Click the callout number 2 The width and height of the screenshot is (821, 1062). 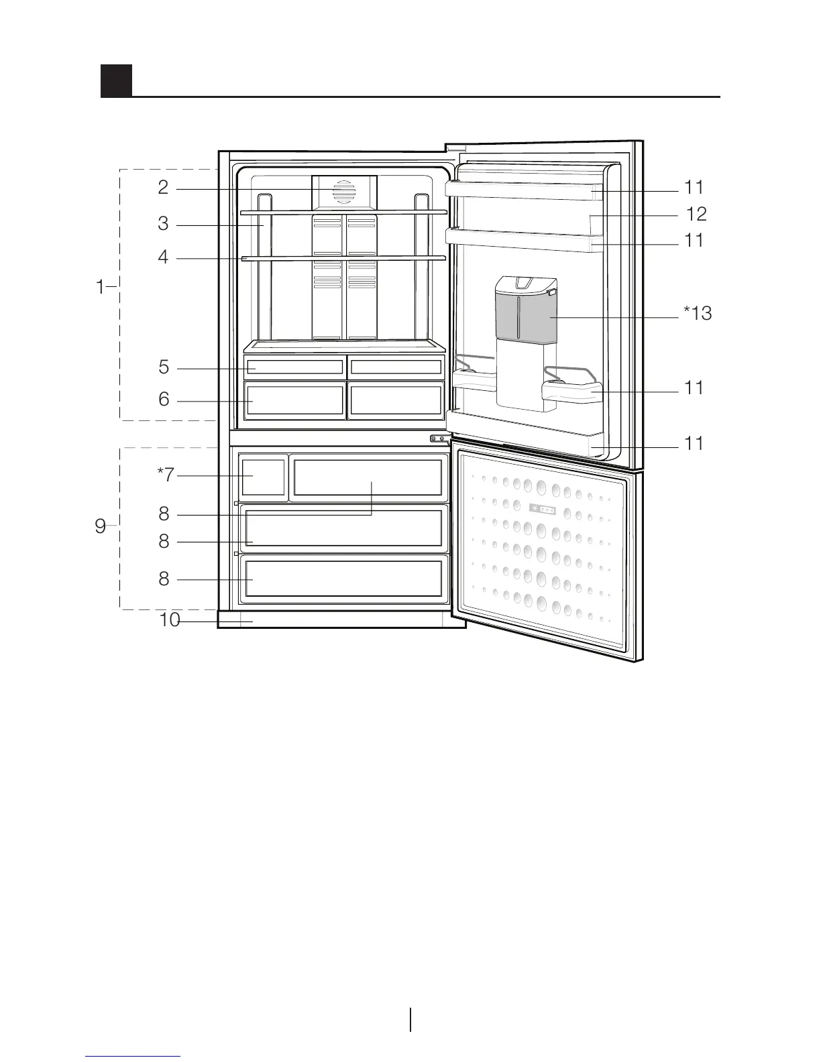tap(163, 188)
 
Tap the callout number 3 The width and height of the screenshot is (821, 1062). tap(163, 224)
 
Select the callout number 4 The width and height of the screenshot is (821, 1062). tap(163, 257)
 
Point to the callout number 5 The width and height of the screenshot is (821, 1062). tap(164, 367)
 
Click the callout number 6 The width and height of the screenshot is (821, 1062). tap(164, 400)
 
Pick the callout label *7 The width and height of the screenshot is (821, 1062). tap(165, 475)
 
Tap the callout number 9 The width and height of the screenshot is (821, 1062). tap(100, 527)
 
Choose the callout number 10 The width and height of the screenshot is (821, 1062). tap(169, 621)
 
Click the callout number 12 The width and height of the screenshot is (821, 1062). tap(696, 215)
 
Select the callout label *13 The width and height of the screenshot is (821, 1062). tap(698, 313)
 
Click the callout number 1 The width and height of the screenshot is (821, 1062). tap(100, 288)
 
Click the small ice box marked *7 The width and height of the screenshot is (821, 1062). tap(264, 476)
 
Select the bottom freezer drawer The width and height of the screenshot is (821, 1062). tap(343, 577)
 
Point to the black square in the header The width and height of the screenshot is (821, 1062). tap(116, 80)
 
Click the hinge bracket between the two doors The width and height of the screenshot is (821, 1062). tap(439, 438)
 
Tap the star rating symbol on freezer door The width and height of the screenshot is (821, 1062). tap(542, 508)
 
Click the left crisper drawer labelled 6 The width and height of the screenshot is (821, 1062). tap(294, 400)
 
